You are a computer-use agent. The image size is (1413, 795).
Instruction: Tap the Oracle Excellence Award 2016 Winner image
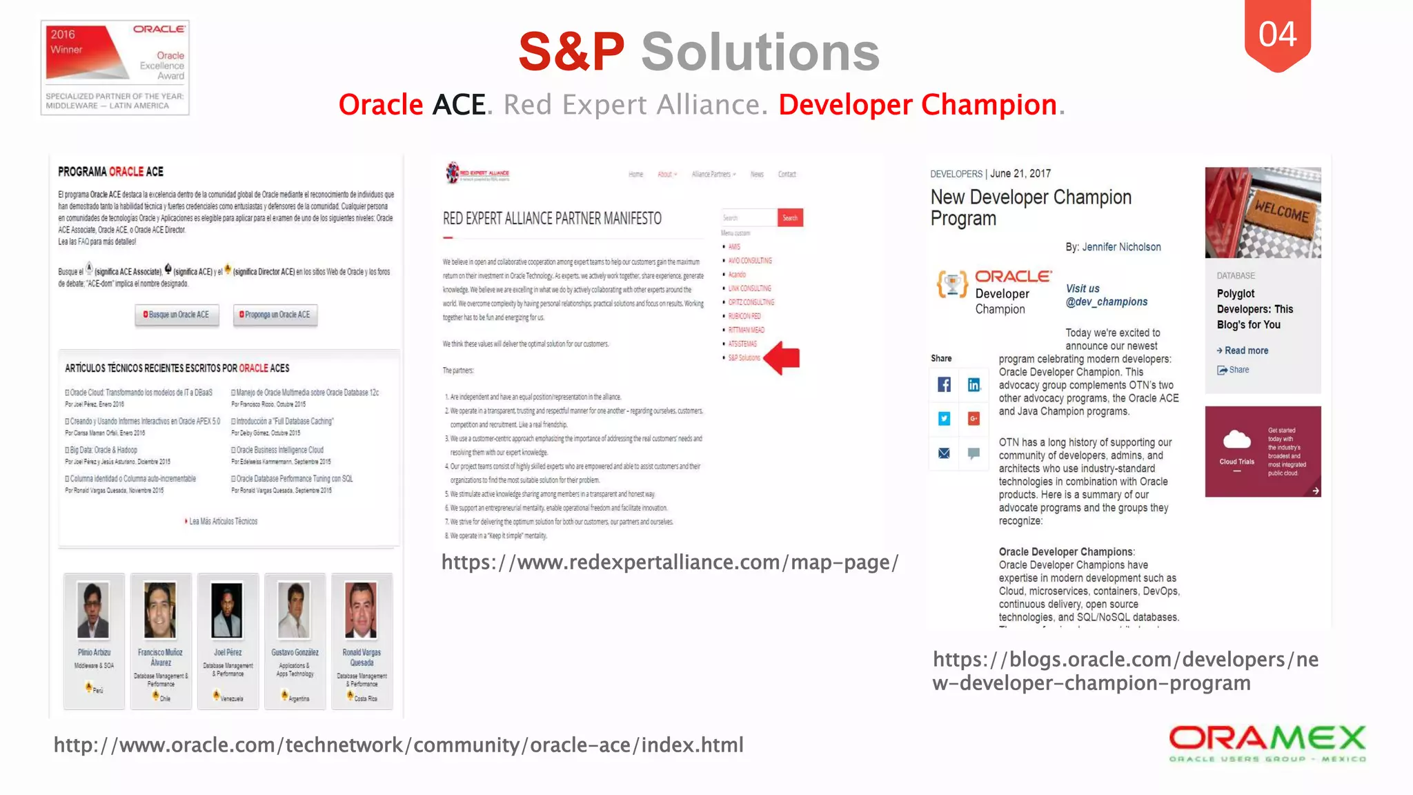(115, 68)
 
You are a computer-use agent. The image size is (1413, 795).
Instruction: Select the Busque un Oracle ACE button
(177, 315)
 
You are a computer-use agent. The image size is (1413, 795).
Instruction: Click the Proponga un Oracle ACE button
(275, 315)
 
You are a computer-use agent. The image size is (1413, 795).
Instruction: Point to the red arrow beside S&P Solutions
(782, 357)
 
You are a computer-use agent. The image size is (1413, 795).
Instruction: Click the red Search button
(790, 218)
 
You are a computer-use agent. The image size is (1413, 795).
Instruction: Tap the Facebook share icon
(944, 384)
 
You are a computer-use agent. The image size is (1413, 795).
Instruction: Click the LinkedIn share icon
(974, 384)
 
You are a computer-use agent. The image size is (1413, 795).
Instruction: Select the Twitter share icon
(944, 418)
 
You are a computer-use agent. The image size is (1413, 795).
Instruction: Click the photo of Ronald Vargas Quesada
(361, 610)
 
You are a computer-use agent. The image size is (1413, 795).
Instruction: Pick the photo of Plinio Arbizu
(93, 610)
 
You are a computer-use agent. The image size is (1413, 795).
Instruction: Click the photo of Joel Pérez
(227, 610)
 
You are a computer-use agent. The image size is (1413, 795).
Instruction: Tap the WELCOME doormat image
(1263, 213)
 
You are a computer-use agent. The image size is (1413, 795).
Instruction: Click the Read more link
(1246, 351)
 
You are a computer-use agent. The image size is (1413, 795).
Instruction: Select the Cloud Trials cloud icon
(1236, 440)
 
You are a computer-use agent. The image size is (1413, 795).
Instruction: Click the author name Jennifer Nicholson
(1121, 247)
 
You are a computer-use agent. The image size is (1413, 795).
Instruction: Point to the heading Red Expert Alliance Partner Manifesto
(552, 219)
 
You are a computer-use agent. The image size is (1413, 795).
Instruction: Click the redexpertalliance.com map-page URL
(669, 562)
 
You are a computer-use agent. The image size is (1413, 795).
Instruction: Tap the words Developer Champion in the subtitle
(918, 105)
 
